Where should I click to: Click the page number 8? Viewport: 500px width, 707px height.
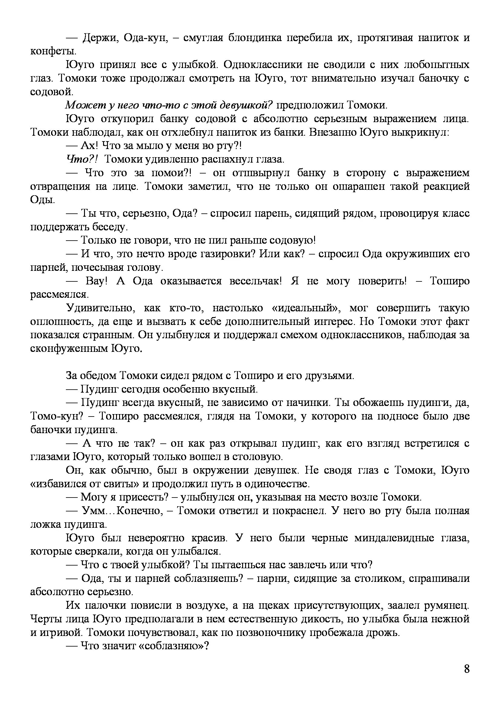466,677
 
